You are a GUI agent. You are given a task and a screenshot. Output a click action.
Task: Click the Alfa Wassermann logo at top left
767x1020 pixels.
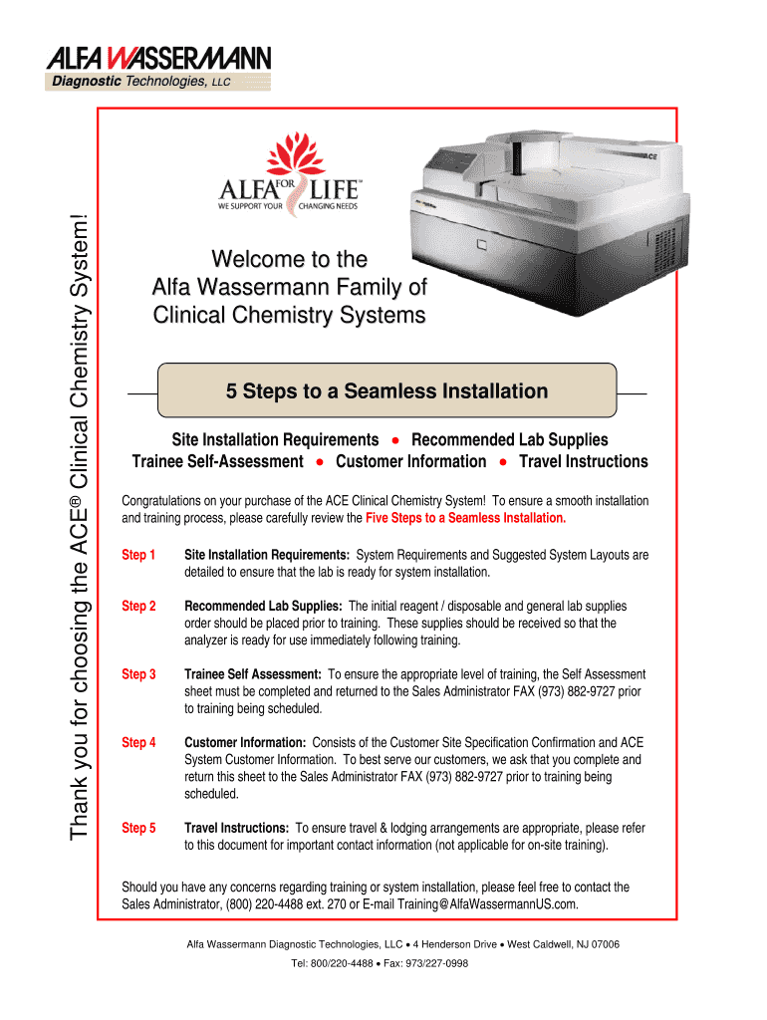pos(157,68)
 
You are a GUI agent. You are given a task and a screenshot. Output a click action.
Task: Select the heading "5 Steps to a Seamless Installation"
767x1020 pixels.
pos(386,391)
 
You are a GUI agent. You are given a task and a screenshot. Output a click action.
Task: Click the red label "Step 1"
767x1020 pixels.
pos(138,555)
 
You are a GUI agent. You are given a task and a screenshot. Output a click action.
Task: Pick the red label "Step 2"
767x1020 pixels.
pos(138,606)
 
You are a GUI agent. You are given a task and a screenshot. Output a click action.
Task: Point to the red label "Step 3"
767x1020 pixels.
pos(138,674)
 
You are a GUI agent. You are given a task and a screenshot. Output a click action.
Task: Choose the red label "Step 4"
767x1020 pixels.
pos(138,742)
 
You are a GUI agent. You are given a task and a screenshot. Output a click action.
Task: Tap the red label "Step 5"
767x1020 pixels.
pos(138,828)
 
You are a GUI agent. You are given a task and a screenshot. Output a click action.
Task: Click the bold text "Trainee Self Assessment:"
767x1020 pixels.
pos(253,674)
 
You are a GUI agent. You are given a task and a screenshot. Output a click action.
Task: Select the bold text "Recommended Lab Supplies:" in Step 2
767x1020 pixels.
pos(264,606)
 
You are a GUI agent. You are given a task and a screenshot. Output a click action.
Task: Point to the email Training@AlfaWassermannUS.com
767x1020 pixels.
pos(487,903)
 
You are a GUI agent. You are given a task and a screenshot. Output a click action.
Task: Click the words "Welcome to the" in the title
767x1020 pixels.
pos(289,260)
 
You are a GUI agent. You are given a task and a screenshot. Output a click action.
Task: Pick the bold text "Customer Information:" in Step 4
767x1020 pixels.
pos(245,742)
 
